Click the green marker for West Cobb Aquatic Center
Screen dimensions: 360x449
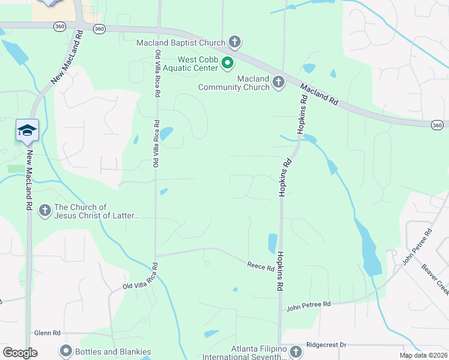pos(228,63)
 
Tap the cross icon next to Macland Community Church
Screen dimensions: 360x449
pos(278,82)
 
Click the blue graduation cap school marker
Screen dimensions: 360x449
pos(27,130)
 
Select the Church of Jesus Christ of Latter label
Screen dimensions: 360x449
pos(96,211)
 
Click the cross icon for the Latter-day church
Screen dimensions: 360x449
pos(44,211)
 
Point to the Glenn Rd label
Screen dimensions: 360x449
pos(47,333)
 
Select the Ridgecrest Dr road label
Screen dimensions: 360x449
pos(327,345)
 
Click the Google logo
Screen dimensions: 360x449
pos(20,353)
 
